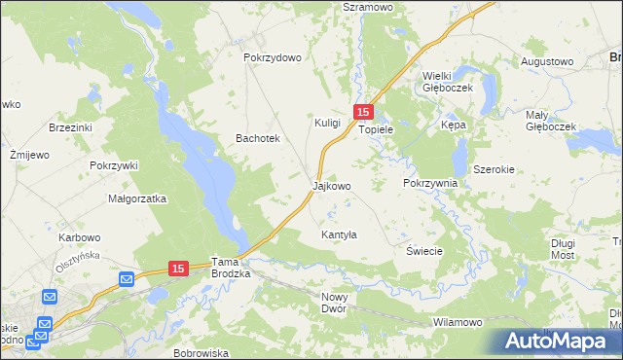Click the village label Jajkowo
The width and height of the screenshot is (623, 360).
(331, 185)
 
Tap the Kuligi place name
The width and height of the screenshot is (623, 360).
(327, 123)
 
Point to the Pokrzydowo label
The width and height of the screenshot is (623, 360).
(273, 57)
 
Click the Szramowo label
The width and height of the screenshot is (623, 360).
(367, 7)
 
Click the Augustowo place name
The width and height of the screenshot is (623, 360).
(547, 61)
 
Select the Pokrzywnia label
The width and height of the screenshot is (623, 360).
(429, 183)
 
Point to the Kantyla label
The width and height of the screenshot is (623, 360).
(340, 235)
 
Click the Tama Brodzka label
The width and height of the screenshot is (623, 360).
(231, 269)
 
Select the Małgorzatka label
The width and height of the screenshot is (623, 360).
(138, 198)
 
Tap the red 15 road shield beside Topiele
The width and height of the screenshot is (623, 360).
(362, 112)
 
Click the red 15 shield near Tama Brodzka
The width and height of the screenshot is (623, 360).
(176, 268)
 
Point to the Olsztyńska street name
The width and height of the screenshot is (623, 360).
(80, 260)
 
